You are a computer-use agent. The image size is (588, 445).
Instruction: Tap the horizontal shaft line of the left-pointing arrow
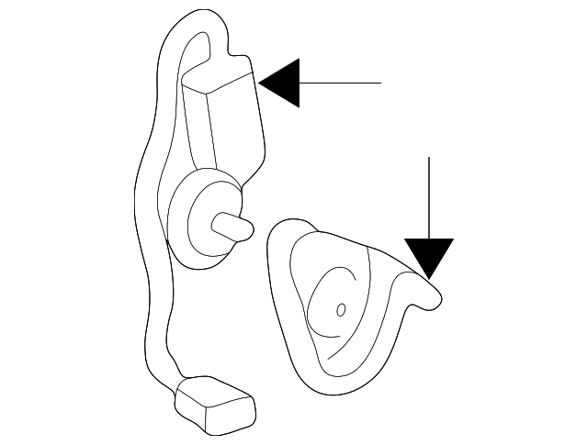[x=340, y=83]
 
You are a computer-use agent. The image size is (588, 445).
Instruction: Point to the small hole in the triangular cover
[x=340, y=310]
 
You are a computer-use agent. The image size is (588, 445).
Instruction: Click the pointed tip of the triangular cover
[x=439, y=295]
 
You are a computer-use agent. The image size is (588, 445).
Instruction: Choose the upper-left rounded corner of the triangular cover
[x=281, y=233]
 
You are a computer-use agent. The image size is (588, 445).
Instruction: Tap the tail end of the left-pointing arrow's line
[x=379, y=83]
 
